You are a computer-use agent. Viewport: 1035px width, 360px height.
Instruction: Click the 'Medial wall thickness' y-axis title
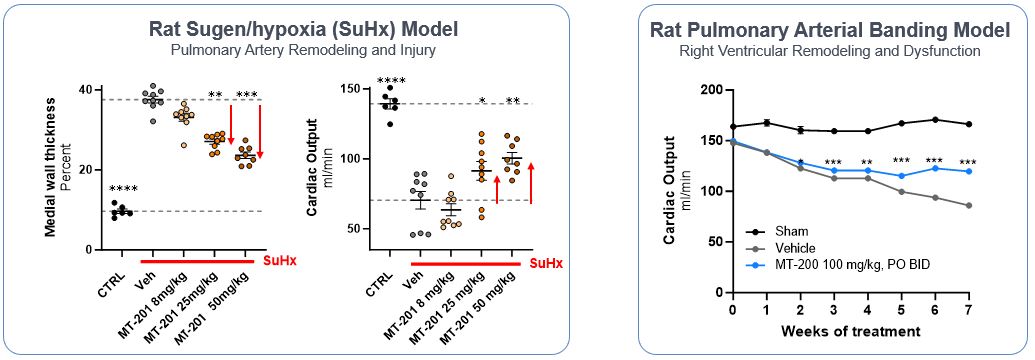point(49,165)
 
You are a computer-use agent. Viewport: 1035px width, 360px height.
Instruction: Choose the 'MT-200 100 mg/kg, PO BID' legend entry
point(838,265)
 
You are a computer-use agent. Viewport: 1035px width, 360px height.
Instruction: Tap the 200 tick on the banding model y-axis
point(711,90)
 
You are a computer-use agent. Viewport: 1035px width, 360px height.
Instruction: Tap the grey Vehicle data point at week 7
point(966,206)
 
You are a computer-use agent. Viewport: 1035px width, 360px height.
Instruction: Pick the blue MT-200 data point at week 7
point(966,171)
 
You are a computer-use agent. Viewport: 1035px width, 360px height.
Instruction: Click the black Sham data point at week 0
point(733,127)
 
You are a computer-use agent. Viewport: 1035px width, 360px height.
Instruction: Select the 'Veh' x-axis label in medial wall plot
point(145,271)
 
